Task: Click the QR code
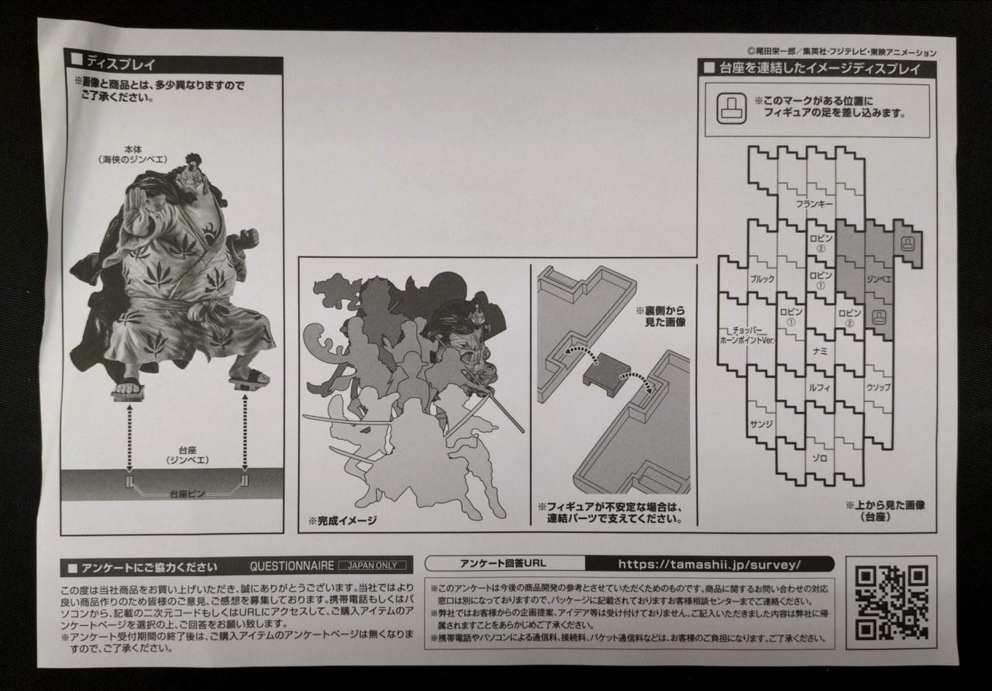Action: click(x=891, y=602)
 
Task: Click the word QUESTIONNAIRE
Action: click(x=292, y=566)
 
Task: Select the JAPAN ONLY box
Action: click(x=373, y=566)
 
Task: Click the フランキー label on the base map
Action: click(x=814, y=204)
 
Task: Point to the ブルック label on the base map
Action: click(x=762, y=279)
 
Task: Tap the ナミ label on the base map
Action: click(x=819, y=351)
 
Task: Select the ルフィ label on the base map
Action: click(x=818, y=387)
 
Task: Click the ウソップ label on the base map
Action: click(x=878, y=387)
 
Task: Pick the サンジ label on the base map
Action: click(x=761, y=424)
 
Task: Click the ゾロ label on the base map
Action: click(x=819, y=458)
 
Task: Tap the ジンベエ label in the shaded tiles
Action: click(x=879, y=279)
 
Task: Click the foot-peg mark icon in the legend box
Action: click(x=731, y=108)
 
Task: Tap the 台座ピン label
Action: click(x=187, y=494)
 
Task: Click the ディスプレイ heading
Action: click(x=120, y=64)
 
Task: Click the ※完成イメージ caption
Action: click(x=343, y=521)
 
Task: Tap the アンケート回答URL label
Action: click(x=503, y=563)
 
